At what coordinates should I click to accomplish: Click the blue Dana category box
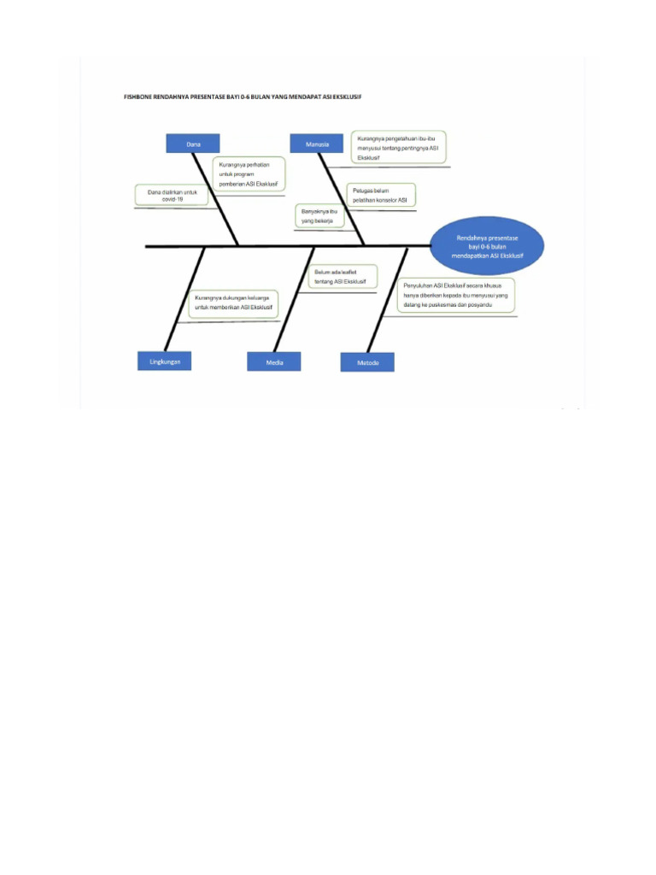pos(192,144)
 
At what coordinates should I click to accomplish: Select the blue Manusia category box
pos(317,144)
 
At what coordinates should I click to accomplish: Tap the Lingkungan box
pos(165,361)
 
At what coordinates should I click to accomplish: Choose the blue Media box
pos(274,362)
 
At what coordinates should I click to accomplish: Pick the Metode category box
pos(367,362)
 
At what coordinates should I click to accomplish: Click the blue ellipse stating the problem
pos(487,244)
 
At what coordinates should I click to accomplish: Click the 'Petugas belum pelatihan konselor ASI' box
pos(380,195)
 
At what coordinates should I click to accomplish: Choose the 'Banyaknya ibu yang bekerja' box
pos(319,215)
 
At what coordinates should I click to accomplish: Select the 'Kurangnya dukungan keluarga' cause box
pos(233,302)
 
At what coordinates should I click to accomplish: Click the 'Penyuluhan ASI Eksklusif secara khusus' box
pos(455,295)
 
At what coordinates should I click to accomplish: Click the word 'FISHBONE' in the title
pos(138,97)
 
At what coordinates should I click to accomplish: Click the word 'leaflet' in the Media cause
pos(345,272)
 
